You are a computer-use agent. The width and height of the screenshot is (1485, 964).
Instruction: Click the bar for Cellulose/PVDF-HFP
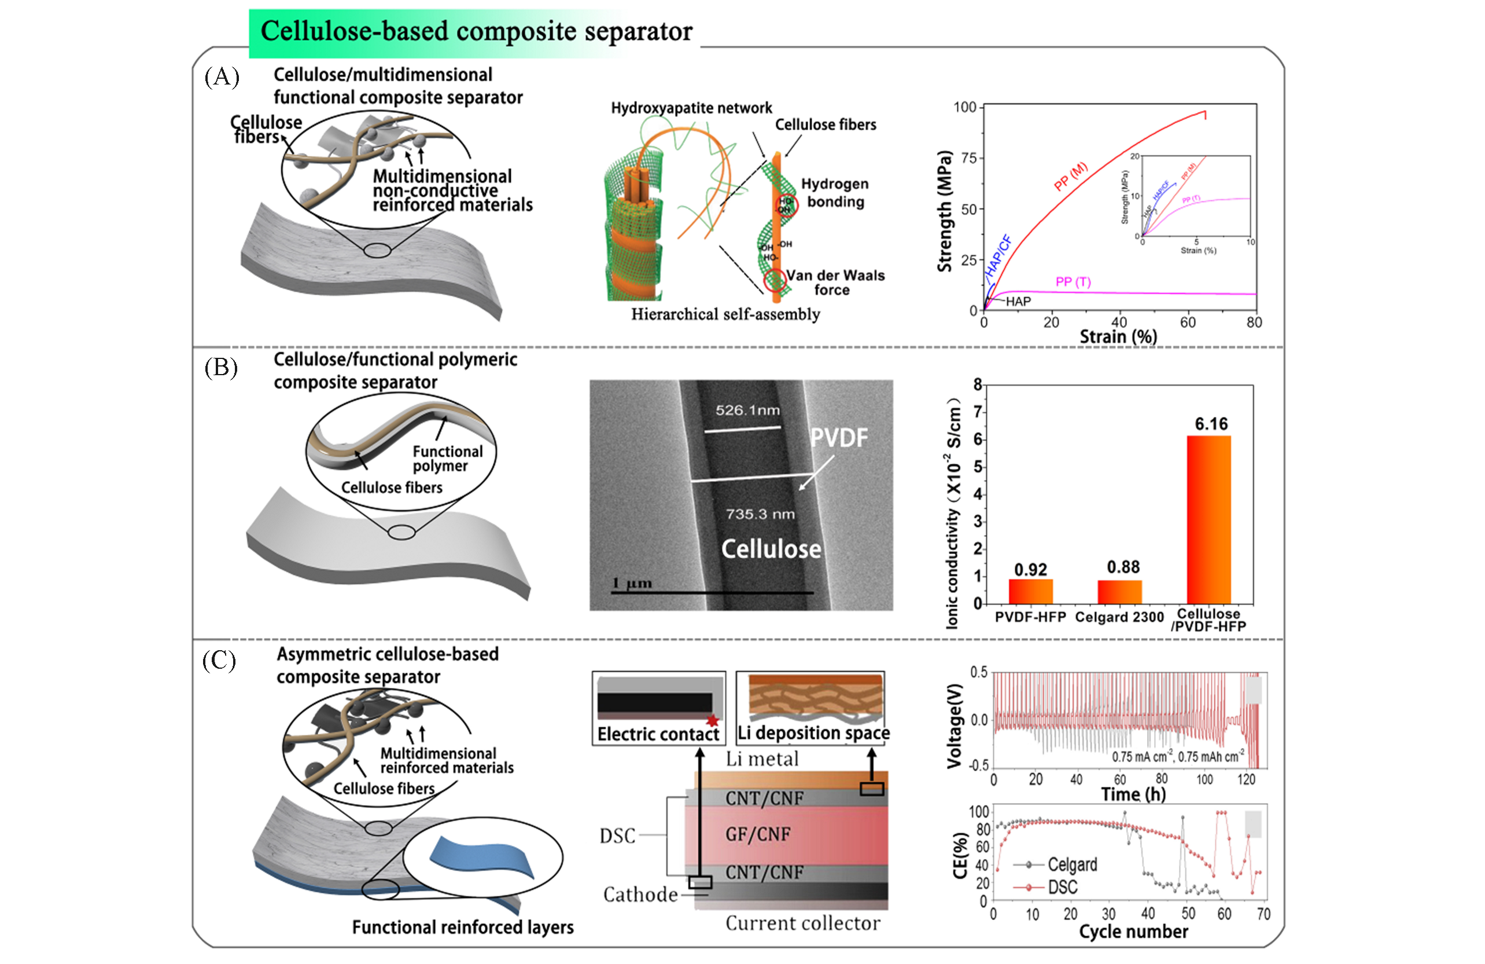1208,519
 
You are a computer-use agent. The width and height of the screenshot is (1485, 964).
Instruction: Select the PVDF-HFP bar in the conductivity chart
1030,591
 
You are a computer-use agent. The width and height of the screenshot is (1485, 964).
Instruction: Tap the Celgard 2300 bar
1119,591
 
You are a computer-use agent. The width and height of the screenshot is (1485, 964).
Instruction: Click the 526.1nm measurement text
747,410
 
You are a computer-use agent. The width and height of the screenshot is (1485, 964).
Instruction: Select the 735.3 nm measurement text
760,514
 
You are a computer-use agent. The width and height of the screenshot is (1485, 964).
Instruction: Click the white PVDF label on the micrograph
839,438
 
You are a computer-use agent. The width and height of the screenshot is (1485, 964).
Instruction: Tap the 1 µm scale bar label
632,582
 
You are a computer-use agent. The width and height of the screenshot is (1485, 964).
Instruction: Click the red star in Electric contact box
713,721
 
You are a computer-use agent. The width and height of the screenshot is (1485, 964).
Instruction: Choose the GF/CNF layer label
757,834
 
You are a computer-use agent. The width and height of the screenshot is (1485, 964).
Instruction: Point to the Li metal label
762,758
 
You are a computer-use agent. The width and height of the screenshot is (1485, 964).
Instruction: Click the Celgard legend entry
1071,865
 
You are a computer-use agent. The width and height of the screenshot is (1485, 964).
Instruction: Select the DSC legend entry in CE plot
1062,886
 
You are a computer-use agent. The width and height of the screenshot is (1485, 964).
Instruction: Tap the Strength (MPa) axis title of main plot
945,211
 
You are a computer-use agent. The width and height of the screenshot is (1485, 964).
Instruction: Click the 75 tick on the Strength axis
968,158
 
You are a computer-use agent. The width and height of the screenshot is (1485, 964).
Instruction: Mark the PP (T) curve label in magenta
1073,281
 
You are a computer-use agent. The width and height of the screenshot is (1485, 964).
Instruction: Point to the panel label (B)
221,368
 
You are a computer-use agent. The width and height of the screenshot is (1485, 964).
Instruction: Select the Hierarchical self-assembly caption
725,314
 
